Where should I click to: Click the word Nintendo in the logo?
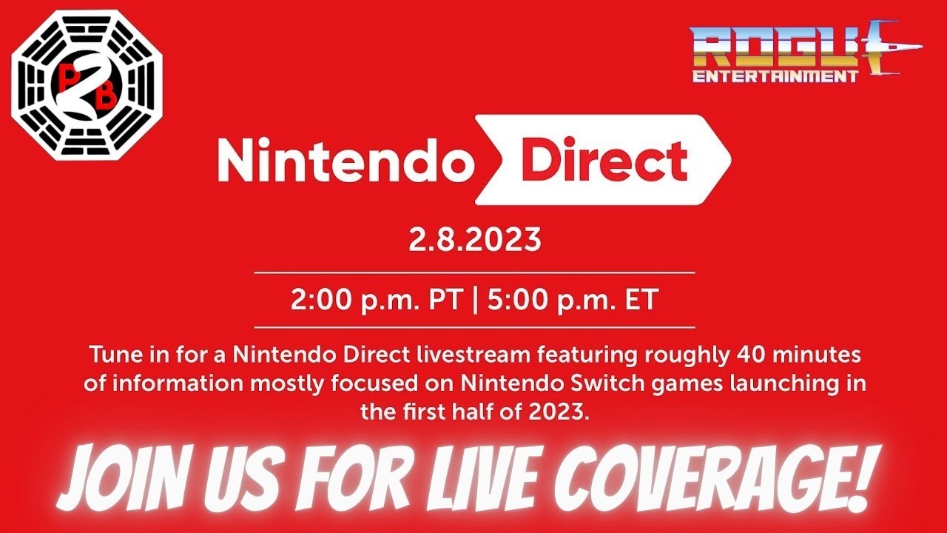pos(346,160)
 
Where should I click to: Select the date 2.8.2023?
pos(475,241)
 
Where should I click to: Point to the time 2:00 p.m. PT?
pos(377,301)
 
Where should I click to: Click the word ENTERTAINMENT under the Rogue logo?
pos(776,76)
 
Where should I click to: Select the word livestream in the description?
pos(471,355)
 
